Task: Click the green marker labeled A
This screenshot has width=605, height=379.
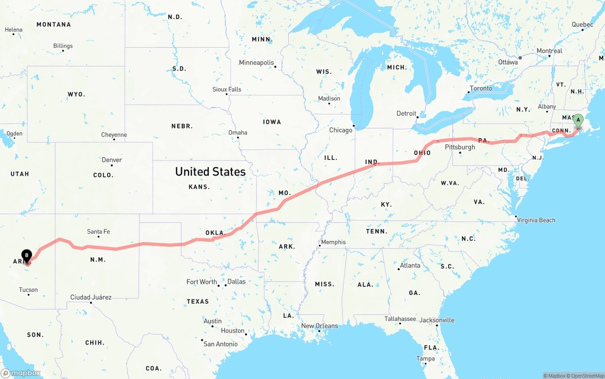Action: coord(578,121)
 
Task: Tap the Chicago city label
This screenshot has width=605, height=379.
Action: coord(341,130)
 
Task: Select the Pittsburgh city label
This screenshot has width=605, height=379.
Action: coord(460,147)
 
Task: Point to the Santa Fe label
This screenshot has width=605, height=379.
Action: coord(98,232)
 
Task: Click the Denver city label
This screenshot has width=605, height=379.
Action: coord(112,160)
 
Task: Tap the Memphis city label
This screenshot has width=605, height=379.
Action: coord(333,242)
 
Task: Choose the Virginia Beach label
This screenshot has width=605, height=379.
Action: coord(536,220)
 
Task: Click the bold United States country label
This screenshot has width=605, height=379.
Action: coord(210,171)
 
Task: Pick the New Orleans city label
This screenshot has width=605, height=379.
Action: coord(320,326)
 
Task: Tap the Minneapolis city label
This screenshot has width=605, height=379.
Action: coord(256,63)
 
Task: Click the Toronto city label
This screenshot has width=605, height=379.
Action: coord(481,88)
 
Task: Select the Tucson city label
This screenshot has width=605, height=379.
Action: coord(28,290)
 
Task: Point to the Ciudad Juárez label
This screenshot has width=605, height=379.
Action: coord(91,297)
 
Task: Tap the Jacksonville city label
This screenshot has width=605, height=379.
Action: coord(437,320)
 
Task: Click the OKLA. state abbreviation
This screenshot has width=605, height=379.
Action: coord(216,233)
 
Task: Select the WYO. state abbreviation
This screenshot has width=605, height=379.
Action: coord(76,94)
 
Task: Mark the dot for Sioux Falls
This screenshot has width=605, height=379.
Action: coord(227,94)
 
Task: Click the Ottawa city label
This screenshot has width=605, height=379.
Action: coord(508,62)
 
